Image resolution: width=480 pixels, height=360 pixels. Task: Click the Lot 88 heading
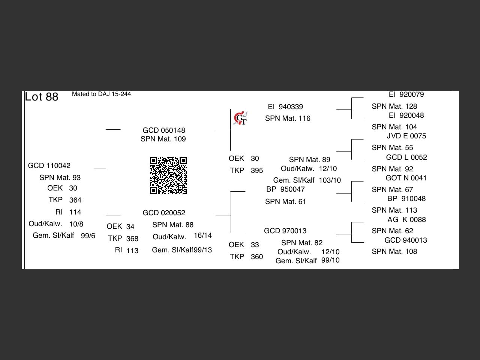(x=42, y=97)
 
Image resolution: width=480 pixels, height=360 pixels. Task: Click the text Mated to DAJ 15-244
(x=101, y=94)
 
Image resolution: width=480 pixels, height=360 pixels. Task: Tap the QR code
(x=168, y=175)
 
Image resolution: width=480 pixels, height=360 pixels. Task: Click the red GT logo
(x=240, y=118)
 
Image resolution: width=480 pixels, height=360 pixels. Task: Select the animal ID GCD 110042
(x=49, y=166)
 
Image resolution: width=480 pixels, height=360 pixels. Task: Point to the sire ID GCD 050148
(x=164, y=130)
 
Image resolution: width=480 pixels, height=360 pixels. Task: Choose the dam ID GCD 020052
(x=164, y=213)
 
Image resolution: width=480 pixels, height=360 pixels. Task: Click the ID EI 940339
(x=285, y=107)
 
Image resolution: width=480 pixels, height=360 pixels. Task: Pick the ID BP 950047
(x=285, y=189)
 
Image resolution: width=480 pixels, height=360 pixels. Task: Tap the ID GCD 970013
(x=285, y=231)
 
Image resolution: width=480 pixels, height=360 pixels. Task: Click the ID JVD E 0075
(x=406, y=136)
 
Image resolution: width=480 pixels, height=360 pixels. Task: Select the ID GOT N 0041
(x=406, y=178)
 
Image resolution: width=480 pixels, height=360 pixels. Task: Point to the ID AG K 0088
(x=406, y=220)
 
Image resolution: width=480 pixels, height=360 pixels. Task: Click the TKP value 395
(x=257, y=171)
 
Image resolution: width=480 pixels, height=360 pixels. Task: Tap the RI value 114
(x=75, y=212)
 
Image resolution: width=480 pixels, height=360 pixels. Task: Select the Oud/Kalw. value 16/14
(x=203, y=235)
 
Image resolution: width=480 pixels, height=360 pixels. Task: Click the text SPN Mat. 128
(x=394, y=106)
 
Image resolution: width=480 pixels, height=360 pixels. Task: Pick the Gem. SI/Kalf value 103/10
(x=330, y=180)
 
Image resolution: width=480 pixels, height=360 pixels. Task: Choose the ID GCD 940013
(x=406, y=240)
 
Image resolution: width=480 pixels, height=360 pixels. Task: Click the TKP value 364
(x=75, y=200)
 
